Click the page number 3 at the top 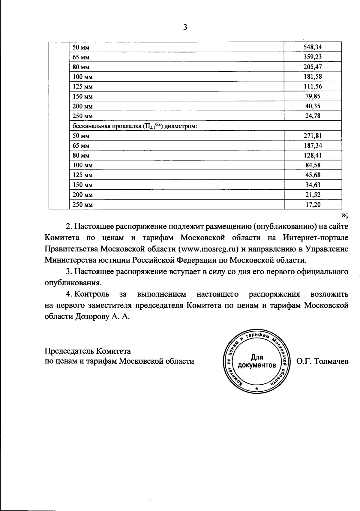click(x=185, y=28)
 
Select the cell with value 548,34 click(x=313, y=47)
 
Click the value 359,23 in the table click(x=313, y=57)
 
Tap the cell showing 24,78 click(x=313, y=116)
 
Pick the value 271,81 click(x=313, y=136)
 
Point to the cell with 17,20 click(x=313, y=205)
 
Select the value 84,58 click(x=313, y=165)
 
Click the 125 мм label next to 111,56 click(x=83, y=87)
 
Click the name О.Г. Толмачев click(x=322, y=361)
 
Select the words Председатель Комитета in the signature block click(x=88, y=351)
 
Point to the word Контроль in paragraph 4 click(x=91, y=294)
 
